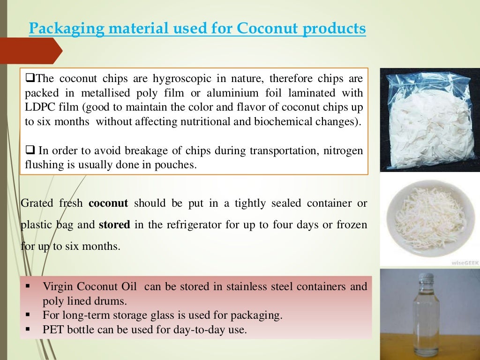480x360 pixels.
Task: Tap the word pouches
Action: click(178, 165)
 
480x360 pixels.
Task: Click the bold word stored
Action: click(114, 225)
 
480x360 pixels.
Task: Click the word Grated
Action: click(37, 203)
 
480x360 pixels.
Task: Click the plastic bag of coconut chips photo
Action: click(429, 120)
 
